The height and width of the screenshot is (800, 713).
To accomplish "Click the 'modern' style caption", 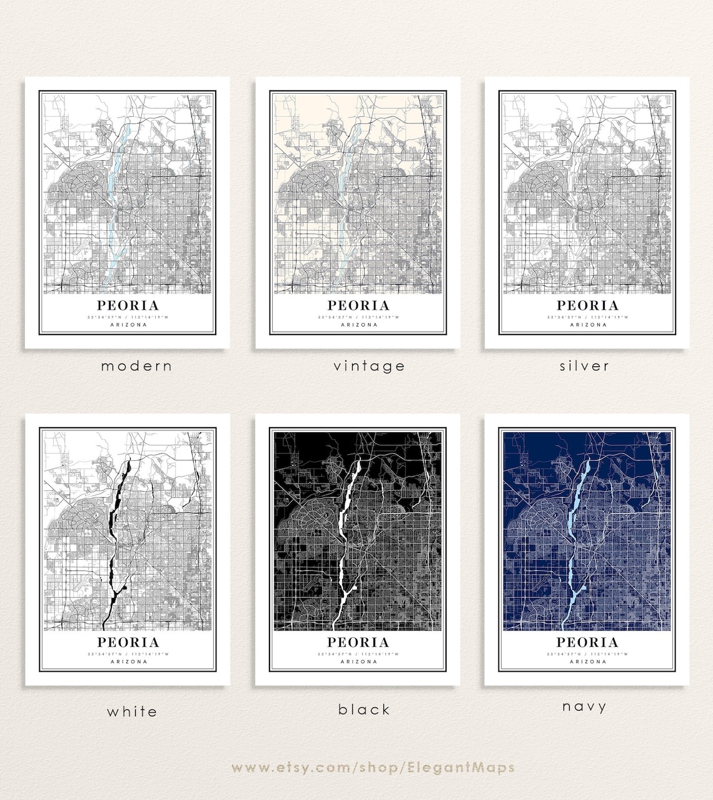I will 136,366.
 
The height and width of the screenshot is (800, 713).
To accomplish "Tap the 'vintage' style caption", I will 369,366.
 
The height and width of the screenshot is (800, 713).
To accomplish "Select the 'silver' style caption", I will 584,366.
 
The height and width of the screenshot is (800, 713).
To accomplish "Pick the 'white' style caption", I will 132,711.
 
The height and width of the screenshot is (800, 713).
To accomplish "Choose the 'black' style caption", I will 364,709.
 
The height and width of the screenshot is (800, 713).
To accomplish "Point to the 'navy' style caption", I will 584,707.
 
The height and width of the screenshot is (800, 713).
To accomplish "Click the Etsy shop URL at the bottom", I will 373,767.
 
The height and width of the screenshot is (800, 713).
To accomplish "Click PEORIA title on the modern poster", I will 128,306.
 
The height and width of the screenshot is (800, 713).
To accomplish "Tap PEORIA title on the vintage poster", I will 358,306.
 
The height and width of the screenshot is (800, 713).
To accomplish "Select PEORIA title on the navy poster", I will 588,642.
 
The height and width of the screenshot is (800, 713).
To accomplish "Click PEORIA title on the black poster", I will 358,642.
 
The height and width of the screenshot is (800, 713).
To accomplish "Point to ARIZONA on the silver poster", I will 588,325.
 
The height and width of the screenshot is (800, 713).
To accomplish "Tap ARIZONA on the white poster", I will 128,661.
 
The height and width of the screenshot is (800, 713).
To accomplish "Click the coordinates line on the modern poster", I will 128,317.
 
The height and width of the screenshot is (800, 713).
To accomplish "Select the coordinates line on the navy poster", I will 588,654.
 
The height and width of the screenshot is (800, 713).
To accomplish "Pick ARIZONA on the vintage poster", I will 358,325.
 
